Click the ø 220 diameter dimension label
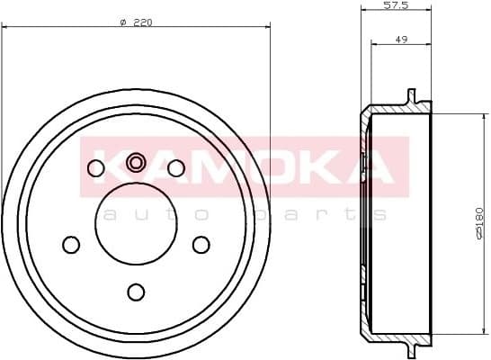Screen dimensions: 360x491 pyautogui.click(x=135, y=22)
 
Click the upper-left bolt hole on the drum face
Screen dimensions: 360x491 pyautogui.click(x=95, y=167)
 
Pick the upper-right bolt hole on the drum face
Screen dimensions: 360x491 pyautogui.click(x=176, y=167)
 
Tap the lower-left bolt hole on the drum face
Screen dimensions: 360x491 pyautogui.click(x=71, y=244)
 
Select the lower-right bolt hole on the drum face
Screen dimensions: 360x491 pyautogui.click(x=201, y=244)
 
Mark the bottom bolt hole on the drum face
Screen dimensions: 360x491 pyautogui.click(x=136, y=291)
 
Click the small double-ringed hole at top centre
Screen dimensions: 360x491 pyautogui.click(x=136, y=162)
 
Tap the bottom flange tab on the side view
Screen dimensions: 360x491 pyautogui.click(x=412, y=348)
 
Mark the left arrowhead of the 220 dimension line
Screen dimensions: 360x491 pyautogui.click(x=5, y=29)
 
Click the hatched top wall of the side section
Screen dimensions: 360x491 pyautogui.click(x=396, y=111)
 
